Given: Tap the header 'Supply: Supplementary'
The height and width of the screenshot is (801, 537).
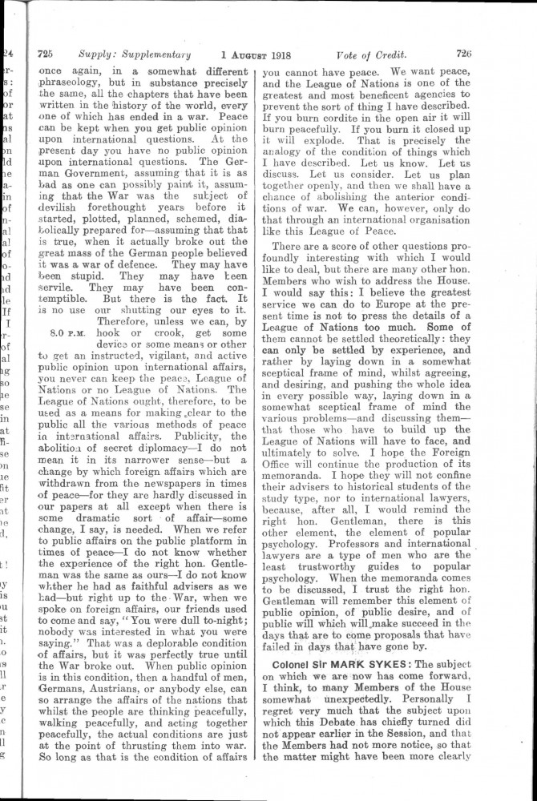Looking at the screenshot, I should coord(135,55).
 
